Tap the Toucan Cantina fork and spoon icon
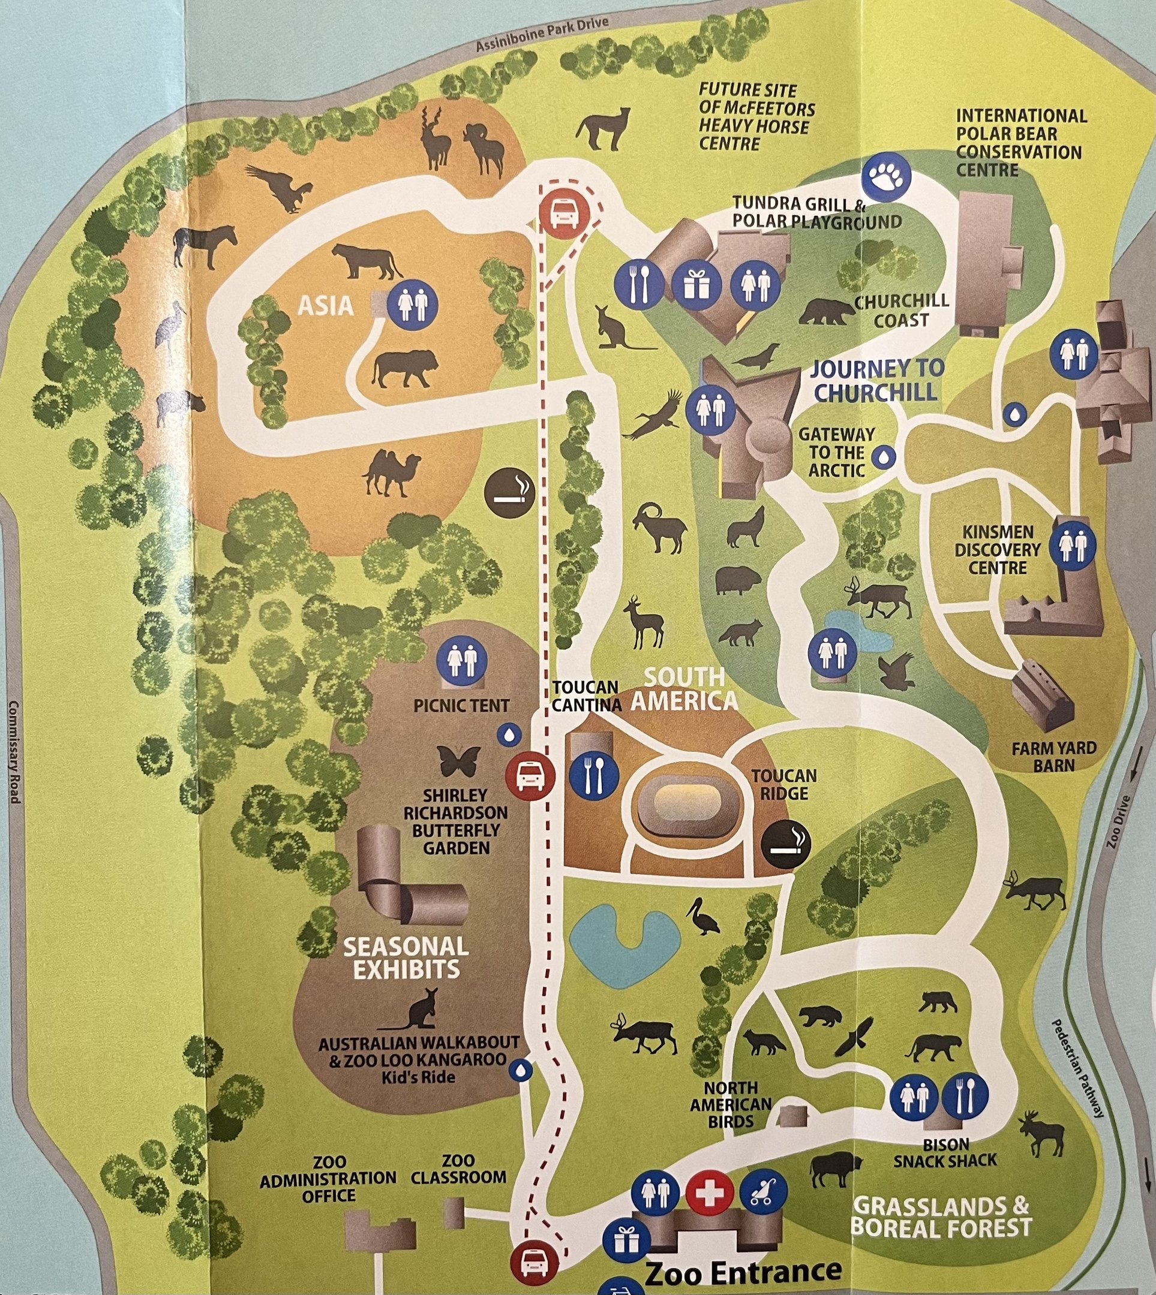coord(594,775)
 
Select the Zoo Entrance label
coord(743,1271)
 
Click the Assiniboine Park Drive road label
coord(542,35)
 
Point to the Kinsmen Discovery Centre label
coord(997,549)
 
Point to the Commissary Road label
coord(14,752)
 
